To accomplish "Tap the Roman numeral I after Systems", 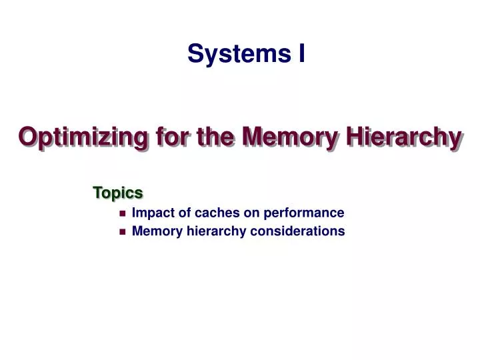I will (301, 53).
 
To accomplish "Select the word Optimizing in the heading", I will (83, 137).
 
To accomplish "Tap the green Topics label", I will (118, 193).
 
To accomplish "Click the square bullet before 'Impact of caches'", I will (122, 214).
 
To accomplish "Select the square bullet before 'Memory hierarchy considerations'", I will (122, 232).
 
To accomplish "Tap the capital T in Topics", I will (97, 193).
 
